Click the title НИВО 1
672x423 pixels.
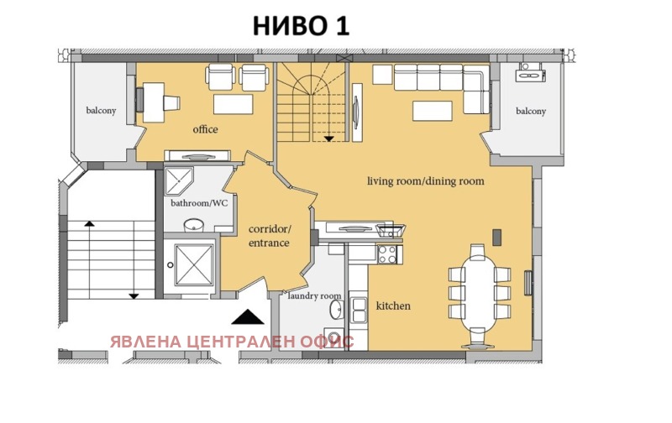click(x=301, y=26)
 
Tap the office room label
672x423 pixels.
click(x=205, y=129)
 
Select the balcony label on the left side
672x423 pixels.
click(x=100, y=111)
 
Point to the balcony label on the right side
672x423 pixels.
click(x=530, y=111)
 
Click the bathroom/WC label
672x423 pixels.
click(x=193, y=202)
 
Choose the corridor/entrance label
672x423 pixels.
click(x=269, y=236)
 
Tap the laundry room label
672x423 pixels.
click(x=314, y=295)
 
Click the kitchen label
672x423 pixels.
click(x=393, y=305)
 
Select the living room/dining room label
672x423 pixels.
click(x=425, y=180)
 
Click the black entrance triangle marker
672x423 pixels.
click(x=247, y=316)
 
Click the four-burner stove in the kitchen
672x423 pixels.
click(x=387, y=253)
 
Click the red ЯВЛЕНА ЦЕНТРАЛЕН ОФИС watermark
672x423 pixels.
click(x=231, y=342)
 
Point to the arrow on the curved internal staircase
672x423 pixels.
click(x=328, y=137)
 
